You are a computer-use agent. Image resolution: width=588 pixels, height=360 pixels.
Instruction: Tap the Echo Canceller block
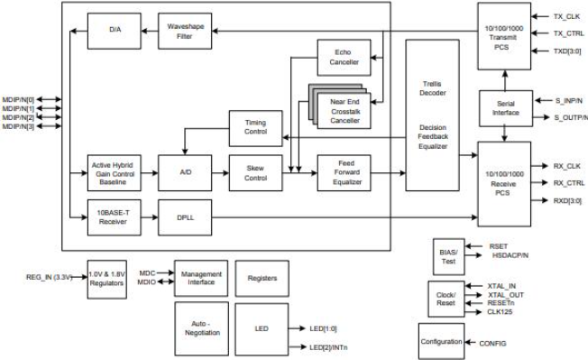coord(344,57)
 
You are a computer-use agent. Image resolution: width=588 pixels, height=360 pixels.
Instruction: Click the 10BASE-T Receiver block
coord(114,218)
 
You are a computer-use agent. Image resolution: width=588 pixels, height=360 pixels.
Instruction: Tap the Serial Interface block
coord(504,107)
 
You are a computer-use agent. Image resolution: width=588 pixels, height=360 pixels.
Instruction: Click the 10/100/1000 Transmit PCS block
coord(504,34)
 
